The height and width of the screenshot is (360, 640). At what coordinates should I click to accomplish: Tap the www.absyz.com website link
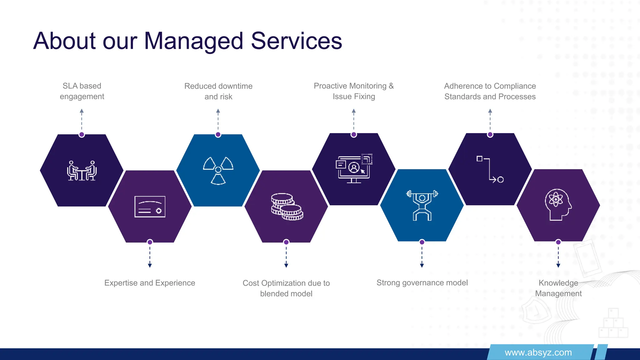click(538, 352)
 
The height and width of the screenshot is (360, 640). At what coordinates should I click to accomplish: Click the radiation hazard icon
click(218, 170)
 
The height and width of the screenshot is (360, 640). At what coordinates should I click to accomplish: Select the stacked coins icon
click(287, 207)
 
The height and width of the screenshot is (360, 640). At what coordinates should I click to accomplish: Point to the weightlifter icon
click(422, 205)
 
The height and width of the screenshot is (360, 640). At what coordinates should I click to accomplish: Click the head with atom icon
click(558, 205)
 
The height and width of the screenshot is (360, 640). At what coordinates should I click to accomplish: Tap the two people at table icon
click(82, 171)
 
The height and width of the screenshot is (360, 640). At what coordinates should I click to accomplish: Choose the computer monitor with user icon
click(354, 168)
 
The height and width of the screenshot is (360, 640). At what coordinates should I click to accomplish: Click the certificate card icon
click(150, 207)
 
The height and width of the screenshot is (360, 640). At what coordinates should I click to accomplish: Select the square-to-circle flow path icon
click(490, 169)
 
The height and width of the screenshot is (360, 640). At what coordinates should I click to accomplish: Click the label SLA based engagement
click(82, 91)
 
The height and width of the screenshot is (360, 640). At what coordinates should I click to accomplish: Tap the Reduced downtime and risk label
click(218, 91)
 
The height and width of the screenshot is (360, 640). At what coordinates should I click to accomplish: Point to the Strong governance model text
click(422, 282)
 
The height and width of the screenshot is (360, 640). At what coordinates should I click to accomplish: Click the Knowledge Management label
click(558, 288)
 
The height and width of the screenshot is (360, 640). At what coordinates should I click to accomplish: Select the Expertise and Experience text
click(150, 283)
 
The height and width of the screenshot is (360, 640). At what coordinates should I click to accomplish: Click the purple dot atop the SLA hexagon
click(82, 135)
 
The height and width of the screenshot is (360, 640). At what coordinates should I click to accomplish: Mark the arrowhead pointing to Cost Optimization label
click(286, 265)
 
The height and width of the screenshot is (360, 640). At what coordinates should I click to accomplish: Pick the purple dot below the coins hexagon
click(286, 242)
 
